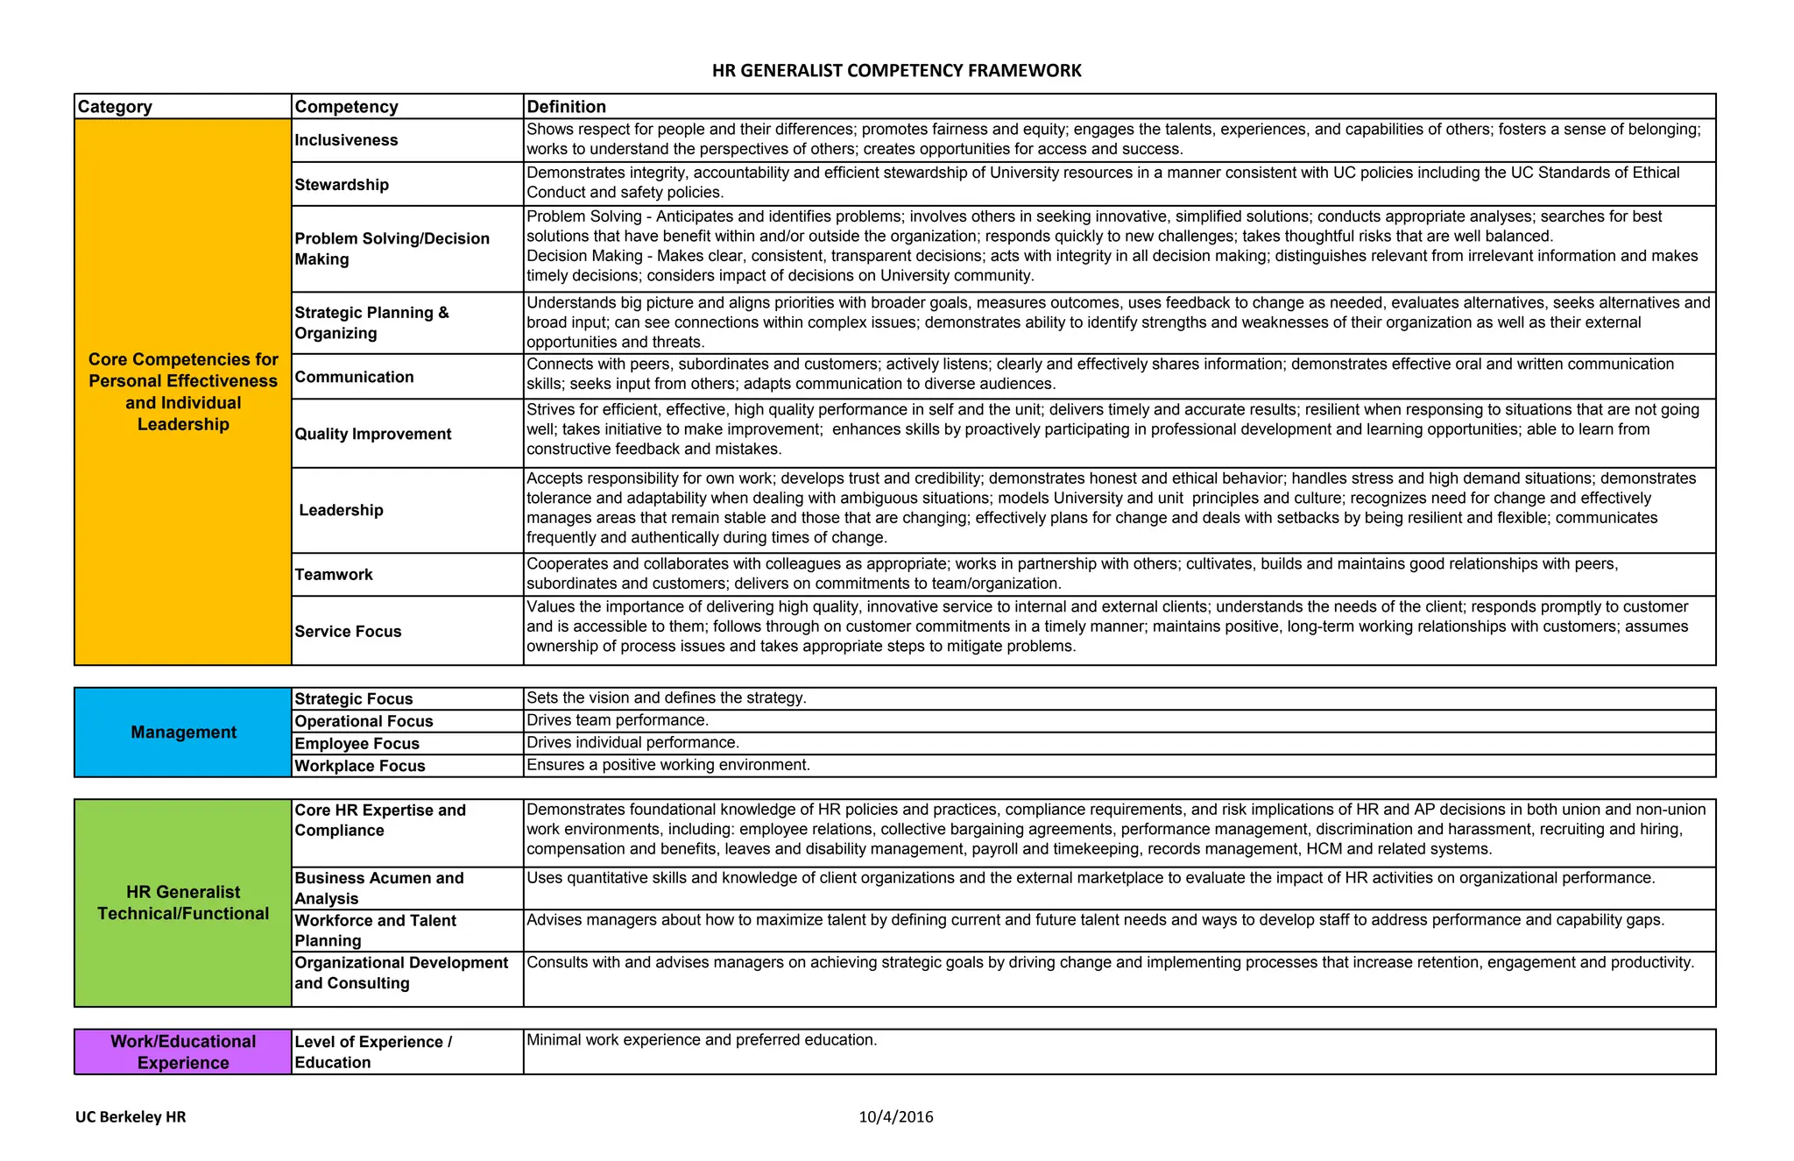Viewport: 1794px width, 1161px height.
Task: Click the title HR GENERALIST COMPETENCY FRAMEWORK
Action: (x=896, y=71)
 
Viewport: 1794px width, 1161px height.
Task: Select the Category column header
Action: (x=115, y=107)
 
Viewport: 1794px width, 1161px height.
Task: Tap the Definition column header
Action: (x=566, y=107)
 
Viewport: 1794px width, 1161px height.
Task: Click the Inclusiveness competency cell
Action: (x=346, y=140)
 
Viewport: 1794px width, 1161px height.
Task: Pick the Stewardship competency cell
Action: (x=342, y=185)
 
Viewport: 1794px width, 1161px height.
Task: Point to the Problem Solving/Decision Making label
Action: (x=392, y=249)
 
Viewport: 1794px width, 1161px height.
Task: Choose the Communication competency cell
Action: (x=354, y=377)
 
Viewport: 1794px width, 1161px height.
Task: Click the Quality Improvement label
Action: (x=372, y=434)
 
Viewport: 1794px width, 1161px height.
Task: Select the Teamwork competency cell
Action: (x=334, y=575)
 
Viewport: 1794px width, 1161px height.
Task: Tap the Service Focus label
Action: (x=348, y=632)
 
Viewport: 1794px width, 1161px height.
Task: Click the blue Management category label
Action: (x=183, y=733)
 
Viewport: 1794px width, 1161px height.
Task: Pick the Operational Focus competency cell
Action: (x=364, y=721)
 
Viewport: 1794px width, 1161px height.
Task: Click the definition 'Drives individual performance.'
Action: (x=632, y=743)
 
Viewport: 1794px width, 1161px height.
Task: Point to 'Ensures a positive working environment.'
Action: (x=667, y=765)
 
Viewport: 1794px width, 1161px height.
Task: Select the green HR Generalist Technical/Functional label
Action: (x=183, y=903)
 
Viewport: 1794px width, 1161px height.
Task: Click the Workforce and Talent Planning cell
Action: (x=375, y=931)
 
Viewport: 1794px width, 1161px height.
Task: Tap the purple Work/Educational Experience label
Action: (x=183, y=1051)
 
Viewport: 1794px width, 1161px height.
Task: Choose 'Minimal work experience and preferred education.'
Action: (x=701, y=1040)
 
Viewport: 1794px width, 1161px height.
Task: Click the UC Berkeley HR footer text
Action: (x=131, y=1117)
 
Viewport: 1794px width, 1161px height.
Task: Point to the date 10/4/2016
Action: (x=895, y=1117)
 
